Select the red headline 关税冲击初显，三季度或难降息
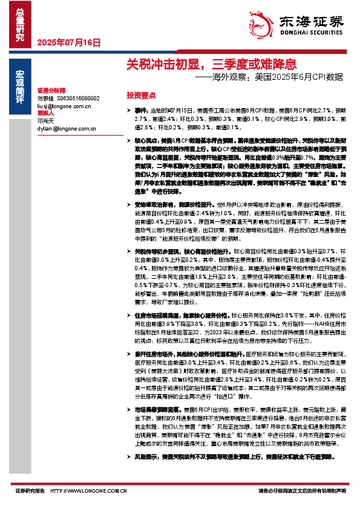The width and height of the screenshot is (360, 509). click(x=211, y=63)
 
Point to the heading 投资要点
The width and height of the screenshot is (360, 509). click(x=141, y=96)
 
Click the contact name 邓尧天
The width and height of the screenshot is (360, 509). click(x=45, y=121)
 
